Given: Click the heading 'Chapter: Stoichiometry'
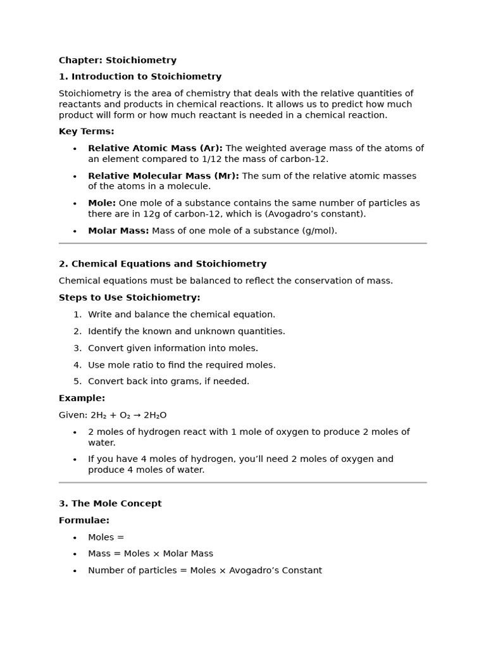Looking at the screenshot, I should click(118, 61).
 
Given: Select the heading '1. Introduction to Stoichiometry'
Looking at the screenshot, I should click(140, 77).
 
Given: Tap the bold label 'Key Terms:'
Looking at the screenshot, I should click(87, 132).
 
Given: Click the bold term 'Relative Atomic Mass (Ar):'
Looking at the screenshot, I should click(155, 148).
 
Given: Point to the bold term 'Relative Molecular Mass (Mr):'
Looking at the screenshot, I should click(163, 176).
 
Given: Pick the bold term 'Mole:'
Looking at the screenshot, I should click(102, 203).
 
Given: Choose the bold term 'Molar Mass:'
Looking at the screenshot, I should click(118, 231).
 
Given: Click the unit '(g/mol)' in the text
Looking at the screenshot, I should click(319, 231).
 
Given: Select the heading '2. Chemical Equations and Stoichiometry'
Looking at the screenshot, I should click(163, 264).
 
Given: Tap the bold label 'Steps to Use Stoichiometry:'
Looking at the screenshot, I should click(129, 297).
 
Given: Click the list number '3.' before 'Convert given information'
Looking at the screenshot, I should click(77, 348).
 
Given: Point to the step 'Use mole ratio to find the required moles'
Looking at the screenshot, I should click(182, 365).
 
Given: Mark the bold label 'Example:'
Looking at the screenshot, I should click(82, 398).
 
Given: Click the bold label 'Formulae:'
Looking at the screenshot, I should click(84, 520).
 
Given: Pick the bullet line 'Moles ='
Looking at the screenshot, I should click(106, 537).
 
